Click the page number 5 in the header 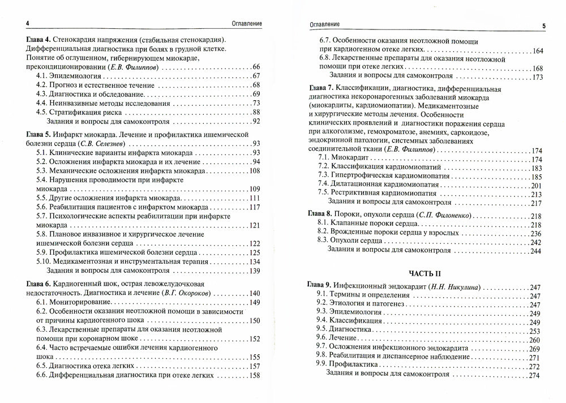pos(543,25)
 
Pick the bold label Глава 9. pos(321,288)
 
